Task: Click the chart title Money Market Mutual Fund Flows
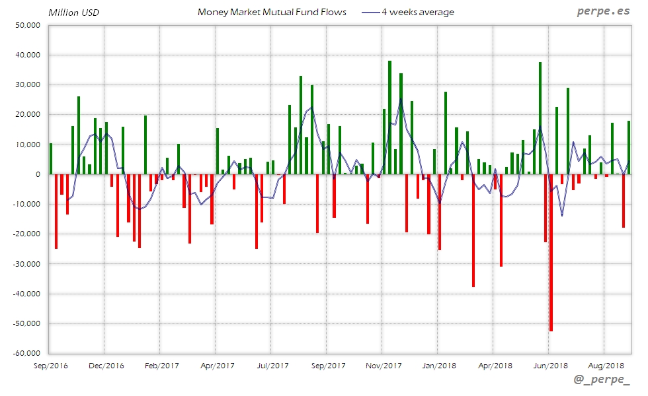[x=272, y=12]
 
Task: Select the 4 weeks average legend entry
[x=417, y=12]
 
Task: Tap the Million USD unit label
[x=74, y=13]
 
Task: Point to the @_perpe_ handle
[x=603, y=381]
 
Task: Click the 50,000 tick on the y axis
[x=27, y=25]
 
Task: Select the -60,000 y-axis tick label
[x=26, y=353]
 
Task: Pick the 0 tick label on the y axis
[x=38, y=174]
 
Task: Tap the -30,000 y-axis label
[x=26, y=264]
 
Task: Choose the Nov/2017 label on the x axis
[x=384, y=365]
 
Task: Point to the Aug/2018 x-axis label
[x=606, y=365]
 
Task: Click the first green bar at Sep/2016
[x=50, y=158]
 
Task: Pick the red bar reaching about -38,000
[x=473, y=231]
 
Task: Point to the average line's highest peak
[x=400, y=99]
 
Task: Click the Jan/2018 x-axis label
[x=440, y=365]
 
